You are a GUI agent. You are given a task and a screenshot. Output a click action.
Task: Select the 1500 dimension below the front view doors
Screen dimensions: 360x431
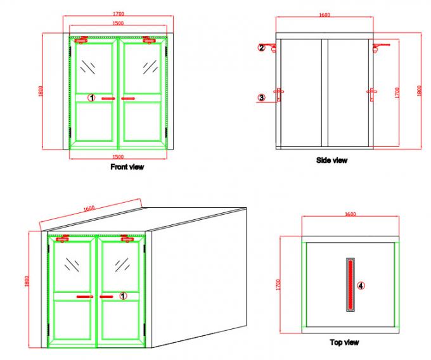coord(118,155)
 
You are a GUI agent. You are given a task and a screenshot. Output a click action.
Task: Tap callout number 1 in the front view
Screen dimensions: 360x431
coord(91,98)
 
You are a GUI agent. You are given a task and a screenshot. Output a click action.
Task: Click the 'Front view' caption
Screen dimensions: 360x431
coord(127,167)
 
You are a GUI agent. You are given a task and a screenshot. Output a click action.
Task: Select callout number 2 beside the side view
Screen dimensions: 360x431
coord(261,47)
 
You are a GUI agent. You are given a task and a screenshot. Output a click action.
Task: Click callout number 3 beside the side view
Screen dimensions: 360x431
coord(261,97)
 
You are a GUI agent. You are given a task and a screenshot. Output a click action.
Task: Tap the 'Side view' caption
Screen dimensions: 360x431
coord(331,160)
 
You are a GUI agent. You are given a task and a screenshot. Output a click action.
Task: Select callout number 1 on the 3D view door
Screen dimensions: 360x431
coord(124,295)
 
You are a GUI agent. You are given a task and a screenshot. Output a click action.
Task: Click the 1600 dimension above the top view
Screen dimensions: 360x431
coord(349,215)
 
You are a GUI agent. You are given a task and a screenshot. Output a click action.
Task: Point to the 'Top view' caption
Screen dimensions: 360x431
coord(344,342)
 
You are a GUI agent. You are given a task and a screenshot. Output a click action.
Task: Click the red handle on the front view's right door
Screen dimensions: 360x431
coord(129,99)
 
